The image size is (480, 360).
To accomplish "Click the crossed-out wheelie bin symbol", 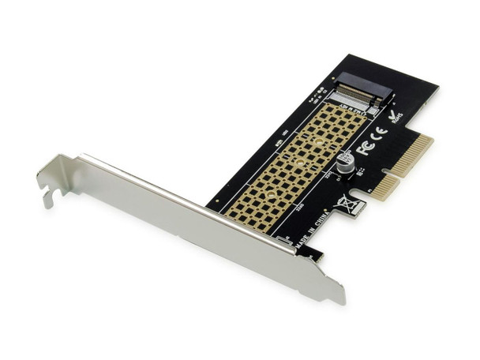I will [x=348, y=204].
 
